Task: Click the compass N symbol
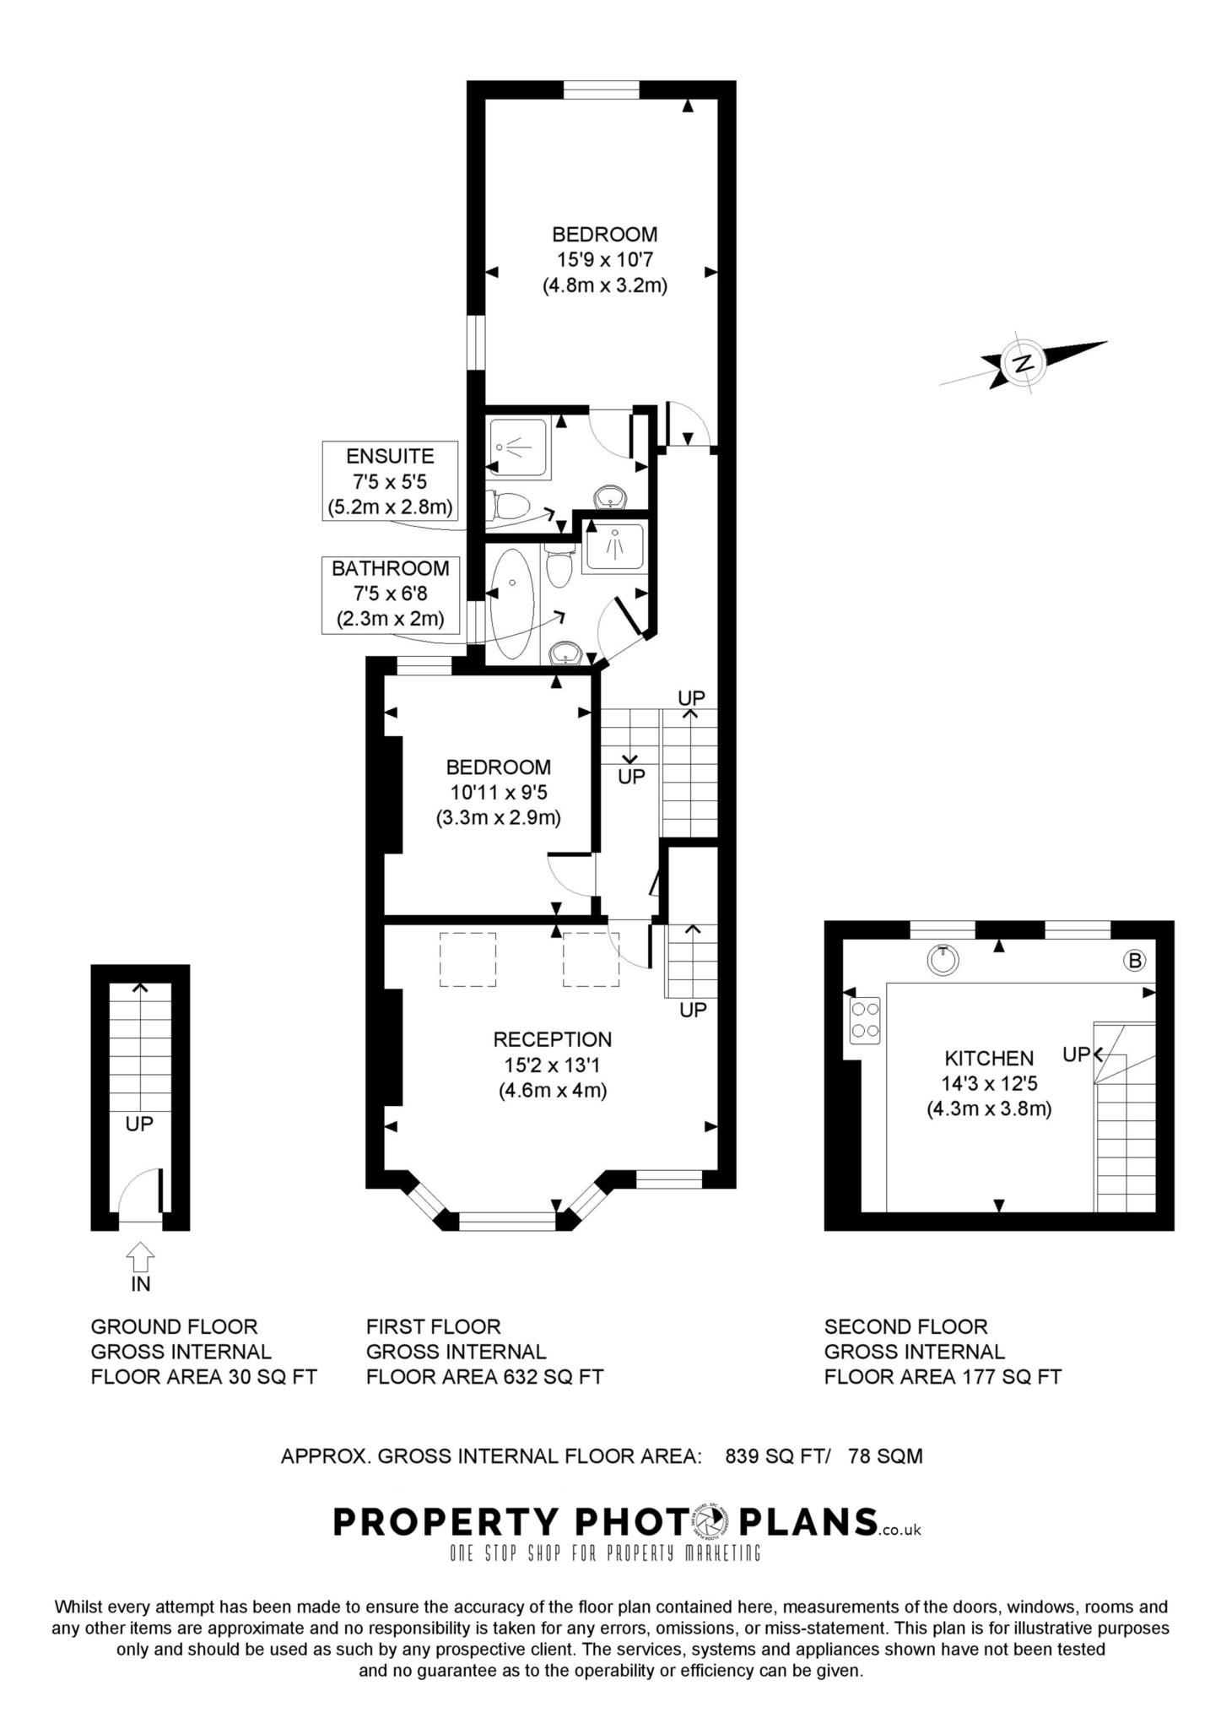(1024, 364)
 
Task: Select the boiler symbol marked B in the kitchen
(1135, 960)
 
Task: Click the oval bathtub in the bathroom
(511, 604)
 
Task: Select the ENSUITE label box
(390, 482)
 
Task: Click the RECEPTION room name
(553, 1039)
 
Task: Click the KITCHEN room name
(989, 1058)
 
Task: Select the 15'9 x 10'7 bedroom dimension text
(604, 260)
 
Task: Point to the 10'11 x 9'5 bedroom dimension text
(499, 793)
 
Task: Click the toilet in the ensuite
(511, 506)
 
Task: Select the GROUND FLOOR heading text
(174, 1326)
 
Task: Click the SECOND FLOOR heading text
(905, 1326)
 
